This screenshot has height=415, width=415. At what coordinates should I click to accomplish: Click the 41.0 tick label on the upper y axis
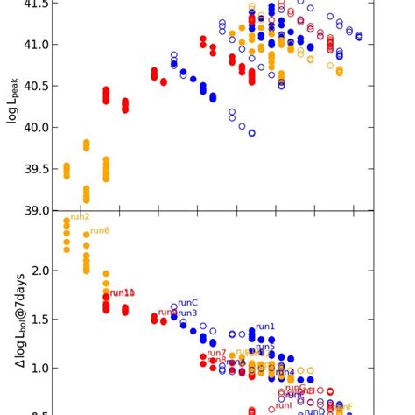coord(34,44)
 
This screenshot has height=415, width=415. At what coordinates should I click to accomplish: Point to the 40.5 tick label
coord(34,86)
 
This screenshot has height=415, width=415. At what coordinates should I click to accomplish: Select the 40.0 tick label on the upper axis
coord(34,127)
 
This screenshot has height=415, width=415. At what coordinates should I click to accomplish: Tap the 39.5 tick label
coord(34,169)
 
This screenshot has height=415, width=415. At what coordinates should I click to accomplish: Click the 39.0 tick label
coord(34,210)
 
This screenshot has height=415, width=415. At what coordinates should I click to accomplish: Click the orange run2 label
coord(80,217)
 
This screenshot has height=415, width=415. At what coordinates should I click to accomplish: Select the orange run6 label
coord(99,231)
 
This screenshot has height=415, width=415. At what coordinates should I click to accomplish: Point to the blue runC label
coord(187,303)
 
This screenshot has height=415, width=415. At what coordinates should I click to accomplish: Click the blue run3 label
coord(187,313)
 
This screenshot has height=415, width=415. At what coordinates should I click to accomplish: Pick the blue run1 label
coord(264,327)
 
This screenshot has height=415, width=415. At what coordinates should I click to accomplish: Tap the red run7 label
coord(216,353)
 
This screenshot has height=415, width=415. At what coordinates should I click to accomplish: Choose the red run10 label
coord(123,293)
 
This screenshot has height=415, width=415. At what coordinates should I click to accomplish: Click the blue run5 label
coord(264,347)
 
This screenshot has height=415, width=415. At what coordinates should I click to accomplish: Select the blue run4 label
coord(285,372)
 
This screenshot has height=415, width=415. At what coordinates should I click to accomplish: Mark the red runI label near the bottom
coord(284,405)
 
